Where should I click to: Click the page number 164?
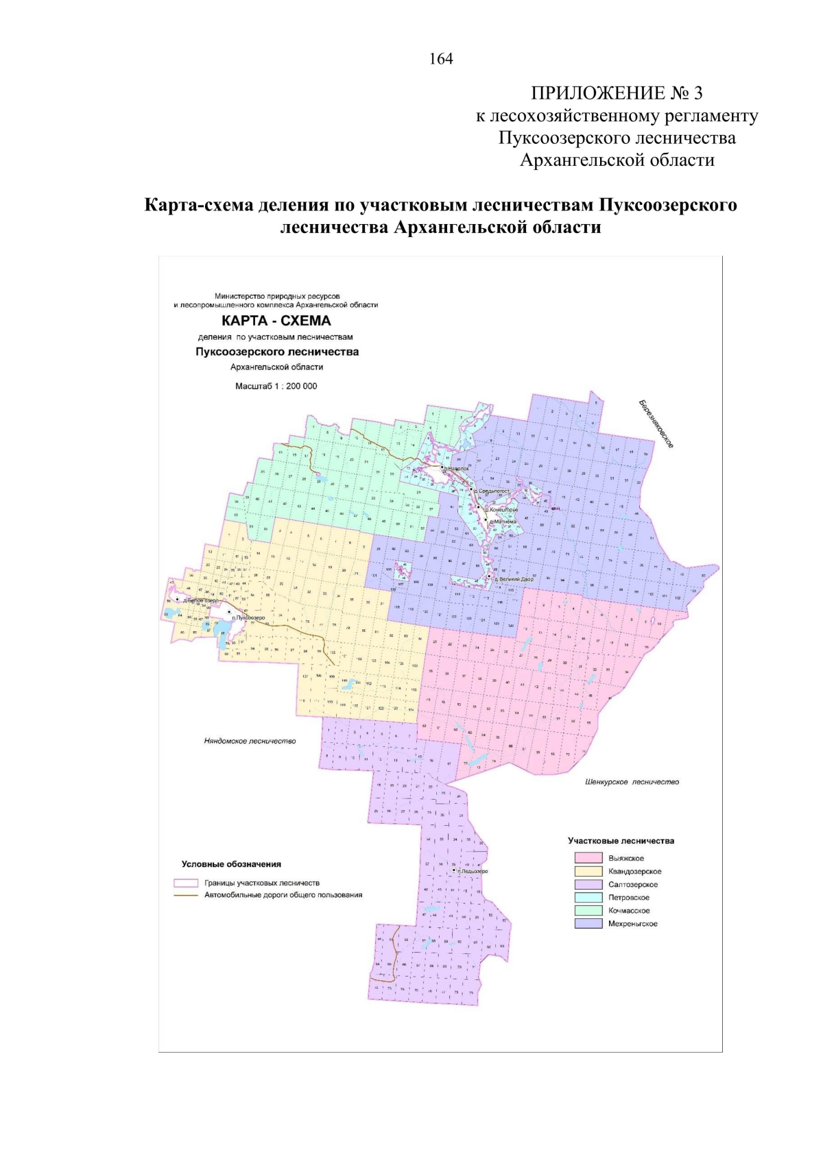point(441,59)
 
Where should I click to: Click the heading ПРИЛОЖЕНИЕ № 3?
point(617,93)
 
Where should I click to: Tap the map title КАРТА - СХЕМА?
point(276,321)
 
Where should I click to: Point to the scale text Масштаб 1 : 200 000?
point(276,387)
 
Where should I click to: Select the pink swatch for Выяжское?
point(588,858)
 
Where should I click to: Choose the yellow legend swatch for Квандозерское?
point(588,871)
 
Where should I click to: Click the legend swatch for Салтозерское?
point(588,884)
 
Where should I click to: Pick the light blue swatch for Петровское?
point(588,897)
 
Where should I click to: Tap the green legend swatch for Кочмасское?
point(588,910)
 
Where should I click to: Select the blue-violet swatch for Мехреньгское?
point(588,924)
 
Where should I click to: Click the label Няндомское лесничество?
point(250,741)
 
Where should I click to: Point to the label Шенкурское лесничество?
point(632,781)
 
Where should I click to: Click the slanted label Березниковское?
point(656,424)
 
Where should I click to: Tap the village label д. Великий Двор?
point(514,579)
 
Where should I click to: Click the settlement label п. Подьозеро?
point(473,871)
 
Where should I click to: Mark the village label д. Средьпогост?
point(491,491)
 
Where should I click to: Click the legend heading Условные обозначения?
point(231,864)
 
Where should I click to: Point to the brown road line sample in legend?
point(186,895)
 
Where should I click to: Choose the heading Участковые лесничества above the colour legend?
point(621,841)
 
